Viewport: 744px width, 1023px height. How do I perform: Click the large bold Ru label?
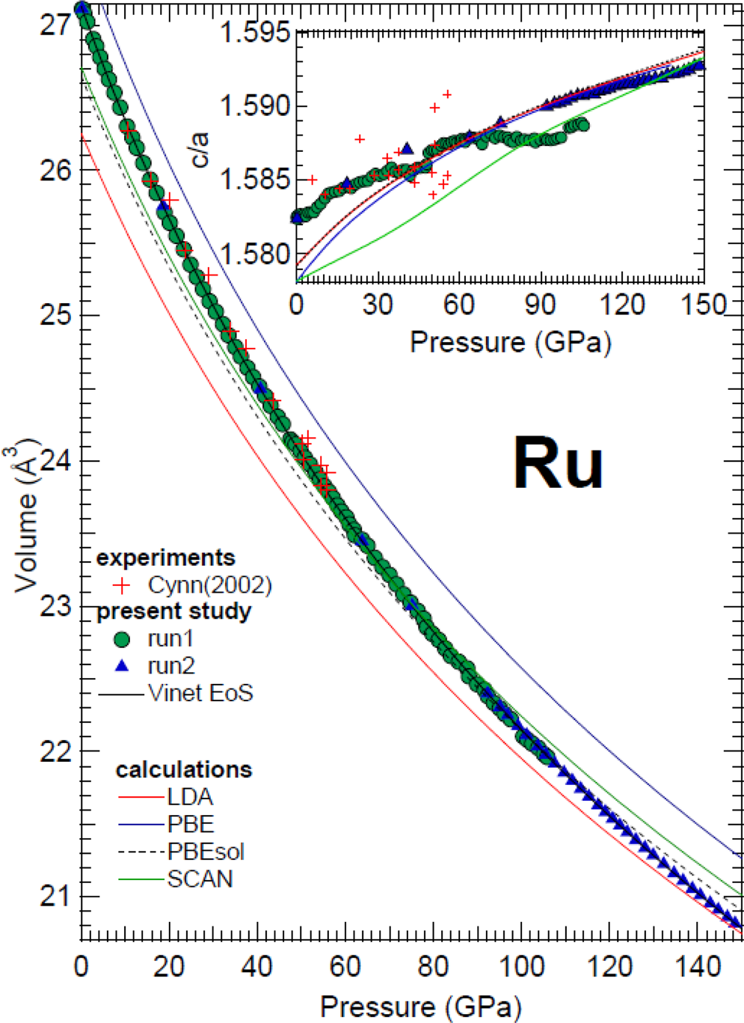pos(558,464)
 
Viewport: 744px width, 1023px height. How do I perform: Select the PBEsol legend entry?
pos(206,852)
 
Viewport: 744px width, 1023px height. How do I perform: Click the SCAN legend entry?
pos(200,879)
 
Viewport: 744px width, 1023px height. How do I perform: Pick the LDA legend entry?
pos(190,798)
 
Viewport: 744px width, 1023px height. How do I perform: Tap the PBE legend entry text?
pos(191,825)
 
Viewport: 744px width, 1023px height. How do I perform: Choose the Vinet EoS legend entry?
pos(200,693)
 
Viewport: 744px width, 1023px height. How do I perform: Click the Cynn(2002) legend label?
pos(209,584)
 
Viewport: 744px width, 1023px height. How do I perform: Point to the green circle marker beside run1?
pos(121,639)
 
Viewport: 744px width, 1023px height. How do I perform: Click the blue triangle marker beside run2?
pos(122,665)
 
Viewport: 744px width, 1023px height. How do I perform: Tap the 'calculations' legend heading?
pos(183,770)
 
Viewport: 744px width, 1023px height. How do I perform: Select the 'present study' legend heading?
pos(173,611)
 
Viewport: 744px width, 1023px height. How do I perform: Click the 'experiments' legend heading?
pos(165,558)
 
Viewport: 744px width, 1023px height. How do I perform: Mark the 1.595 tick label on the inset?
pos(253,34)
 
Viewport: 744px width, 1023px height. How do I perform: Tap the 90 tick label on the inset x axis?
pos(541,305)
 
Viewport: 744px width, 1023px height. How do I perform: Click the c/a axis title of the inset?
pos(200,149)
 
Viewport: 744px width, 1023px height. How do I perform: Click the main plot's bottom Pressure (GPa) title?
pos(420,1007)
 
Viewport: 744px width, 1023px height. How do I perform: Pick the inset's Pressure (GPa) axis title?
pos(510,342)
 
